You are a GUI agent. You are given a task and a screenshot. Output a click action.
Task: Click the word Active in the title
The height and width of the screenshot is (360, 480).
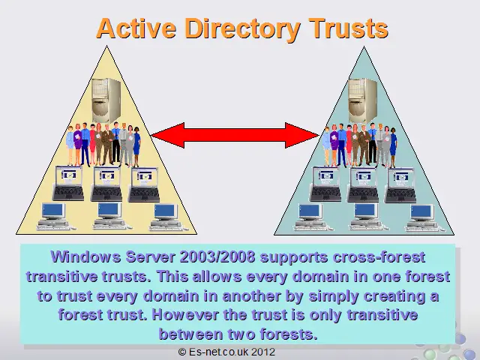coord(136,28)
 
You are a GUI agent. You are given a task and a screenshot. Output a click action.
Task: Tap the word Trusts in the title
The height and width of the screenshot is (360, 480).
coord(348,28)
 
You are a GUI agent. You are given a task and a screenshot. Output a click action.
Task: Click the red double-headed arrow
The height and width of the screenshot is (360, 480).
coord(235,135)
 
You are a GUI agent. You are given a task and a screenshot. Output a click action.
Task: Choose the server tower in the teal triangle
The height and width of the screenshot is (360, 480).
coord(363,100)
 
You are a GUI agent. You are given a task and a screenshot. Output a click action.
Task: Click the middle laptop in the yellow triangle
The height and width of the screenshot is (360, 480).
coord(106,184)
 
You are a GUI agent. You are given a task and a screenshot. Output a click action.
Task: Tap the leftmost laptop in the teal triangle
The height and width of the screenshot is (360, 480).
coord(325,184)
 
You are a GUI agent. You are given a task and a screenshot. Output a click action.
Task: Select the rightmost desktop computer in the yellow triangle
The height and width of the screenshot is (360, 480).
coord(165,217)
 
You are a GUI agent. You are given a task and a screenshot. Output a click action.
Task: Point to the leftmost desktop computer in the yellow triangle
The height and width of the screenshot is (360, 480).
coord(53,216)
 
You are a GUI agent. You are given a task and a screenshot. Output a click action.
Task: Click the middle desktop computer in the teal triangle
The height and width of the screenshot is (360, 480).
coord(366,217)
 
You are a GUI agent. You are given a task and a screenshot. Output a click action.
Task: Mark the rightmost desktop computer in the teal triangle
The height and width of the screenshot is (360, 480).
coord(421,217)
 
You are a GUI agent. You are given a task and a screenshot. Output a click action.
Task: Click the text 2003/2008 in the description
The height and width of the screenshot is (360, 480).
coord(217,257)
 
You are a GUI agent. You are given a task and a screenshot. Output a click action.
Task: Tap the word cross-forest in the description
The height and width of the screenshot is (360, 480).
coord(379,257)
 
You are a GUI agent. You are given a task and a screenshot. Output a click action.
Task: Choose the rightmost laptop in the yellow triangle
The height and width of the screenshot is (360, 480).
coord(144,184)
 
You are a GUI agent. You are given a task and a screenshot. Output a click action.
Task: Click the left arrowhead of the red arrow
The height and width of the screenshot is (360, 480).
coord(168,135)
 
